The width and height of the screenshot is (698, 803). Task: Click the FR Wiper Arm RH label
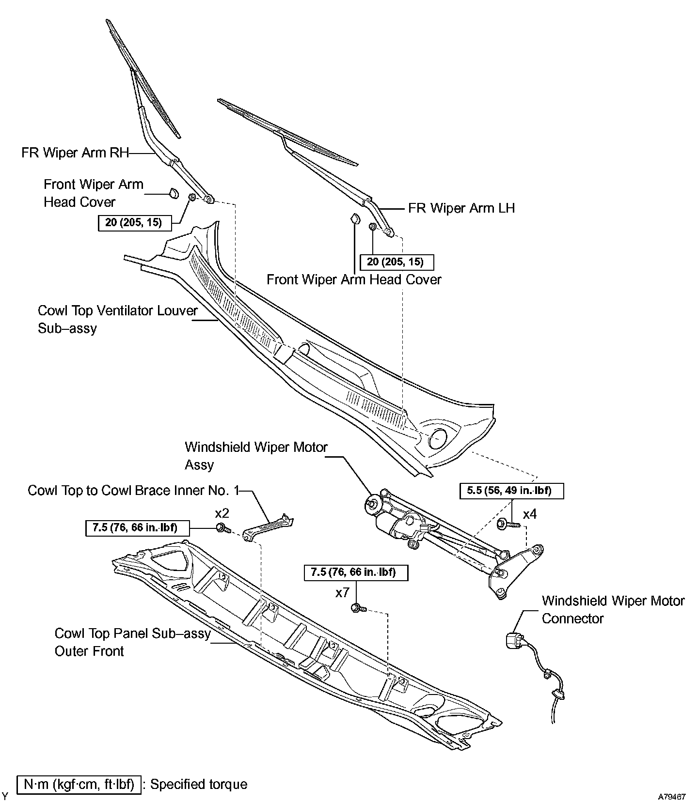pos(75,153)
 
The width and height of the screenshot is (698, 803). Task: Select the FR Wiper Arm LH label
pos(461,208)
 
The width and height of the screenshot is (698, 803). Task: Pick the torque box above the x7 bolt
pos(356,572)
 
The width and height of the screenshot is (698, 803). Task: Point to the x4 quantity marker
pos(530,514)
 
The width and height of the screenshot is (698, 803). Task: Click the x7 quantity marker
pos(342,593)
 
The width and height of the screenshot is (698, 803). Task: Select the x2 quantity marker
pos(222,513)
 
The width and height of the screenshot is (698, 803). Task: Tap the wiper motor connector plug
pos(512,641)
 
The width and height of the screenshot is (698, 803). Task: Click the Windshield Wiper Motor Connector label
pos(613,610)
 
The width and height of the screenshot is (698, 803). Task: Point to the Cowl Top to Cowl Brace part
pos(269,526)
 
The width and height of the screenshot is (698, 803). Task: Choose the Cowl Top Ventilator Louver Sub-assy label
pos(117,319)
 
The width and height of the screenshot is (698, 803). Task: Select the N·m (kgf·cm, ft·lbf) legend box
pos(79,785)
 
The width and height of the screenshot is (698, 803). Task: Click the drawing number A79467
pos(672,796)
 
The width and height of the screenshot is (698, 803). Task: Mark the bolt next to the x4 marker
pos(508,524)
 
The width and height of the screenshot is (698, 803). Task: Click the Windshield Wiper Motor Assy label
pos(256,456)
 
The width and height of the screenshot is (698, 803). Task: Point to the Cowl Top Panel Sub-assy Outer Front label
pos(132,642)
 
